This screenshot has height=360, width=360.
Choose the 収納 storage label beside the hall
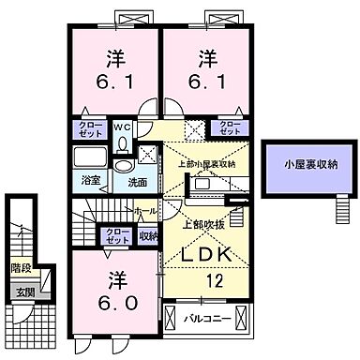pos(148,237)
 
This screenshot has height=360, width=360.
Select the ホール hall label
pos(145,212)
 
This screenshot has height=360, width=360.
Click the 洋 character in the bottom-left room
pos(115,278)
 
